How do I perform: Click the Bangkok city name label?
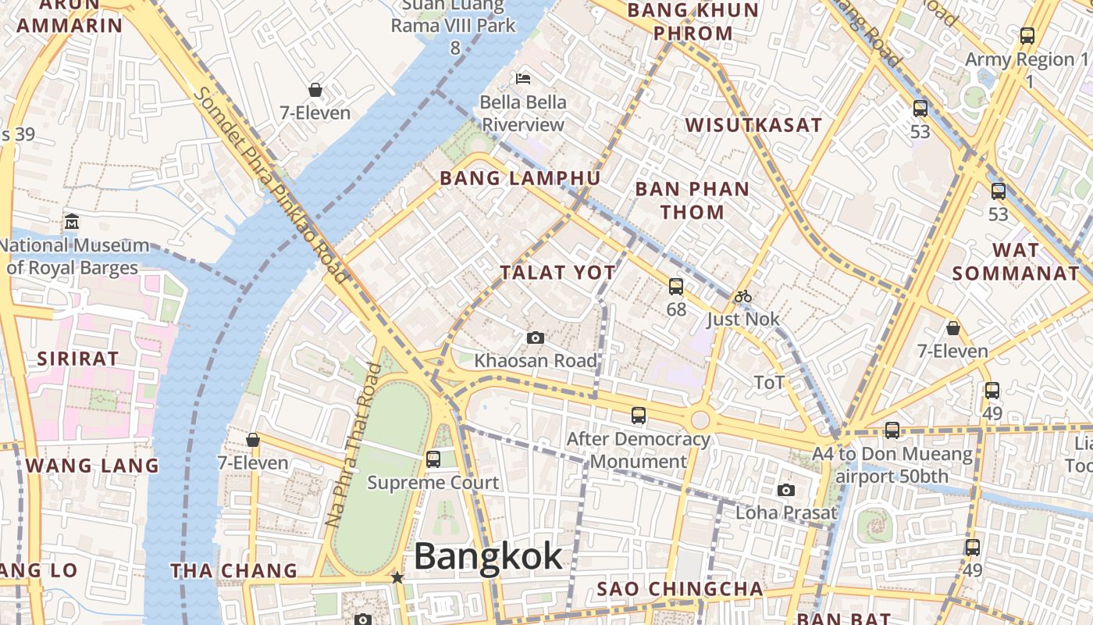[x=488, y=556]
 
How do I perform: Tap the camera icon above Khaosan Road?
[x=535, y=337]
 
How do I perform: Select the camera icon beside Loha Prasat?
[x=785, y=490]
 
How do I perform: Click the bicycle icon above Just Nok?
[x=742, y=296]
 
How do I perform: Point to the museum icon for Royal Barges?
[x=72, y=221]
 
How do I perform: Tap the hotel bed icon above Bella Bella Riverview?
[x=523, y=78]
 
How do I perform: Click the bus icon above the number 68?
[x=676, y=287]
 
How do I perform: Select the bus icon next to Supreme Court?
[x=433, y=459]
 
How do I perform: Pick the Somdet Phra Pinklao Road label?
[x=271, y=185]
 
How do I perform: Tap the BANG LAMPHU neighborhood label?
[x=520, y=178]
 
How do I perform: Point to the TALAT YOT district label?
[x=557, y=273]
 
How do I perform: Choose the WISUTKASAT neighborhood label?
[x=753, y=125]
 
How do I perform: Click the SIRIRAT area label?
[x=78, y=359]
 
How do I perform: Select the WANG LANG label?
[x=92, y=466]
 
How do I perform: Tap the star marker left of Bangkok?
[x=397, y=577]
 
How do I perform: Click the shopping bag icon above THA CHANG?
[x=253, y=440]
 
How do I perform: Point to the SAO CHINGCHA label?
[x=679, y=588]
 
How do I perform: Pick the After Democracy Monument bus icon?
[x=639, y=415]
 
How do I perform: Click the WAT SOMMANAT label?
[x=1015, y=262]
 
